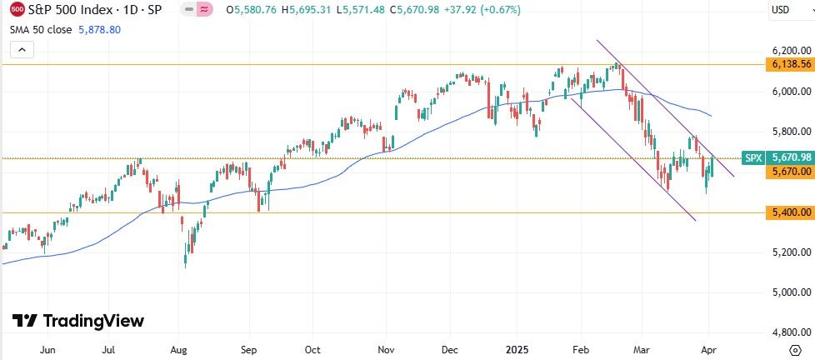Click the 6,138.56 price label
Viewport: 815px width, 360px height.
pos(791,64)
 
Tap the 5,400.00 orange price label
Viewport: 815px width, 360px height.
pos(791,213)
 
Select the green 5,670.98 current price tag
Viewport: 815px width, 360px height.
pos(791,157)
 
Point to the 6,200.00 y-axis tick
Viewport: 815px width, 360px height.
pos(791,51)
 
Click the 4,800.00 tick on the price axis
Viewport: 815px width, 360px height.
pos(791,332)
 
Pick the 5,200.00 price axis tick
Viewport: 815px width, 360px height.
pos(791,252)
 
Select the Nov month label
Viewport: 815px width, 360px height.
pos(386,350)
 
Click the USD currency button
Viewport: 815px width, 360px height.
pos(781,10)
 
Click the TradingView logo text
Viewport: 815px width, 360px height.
pos(79,321)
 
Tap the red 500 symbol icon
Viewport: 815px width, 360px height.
pos(17,10)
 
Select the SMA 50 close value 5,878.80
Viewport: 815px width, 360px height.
pos(98,28)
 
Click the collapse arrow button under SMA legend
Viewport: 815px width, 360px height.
pos(22,49)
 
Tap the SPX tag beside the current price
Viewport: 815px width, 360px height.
pos(753,157)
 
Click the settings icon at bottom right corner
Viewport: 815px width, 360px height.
pos(795,350)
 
